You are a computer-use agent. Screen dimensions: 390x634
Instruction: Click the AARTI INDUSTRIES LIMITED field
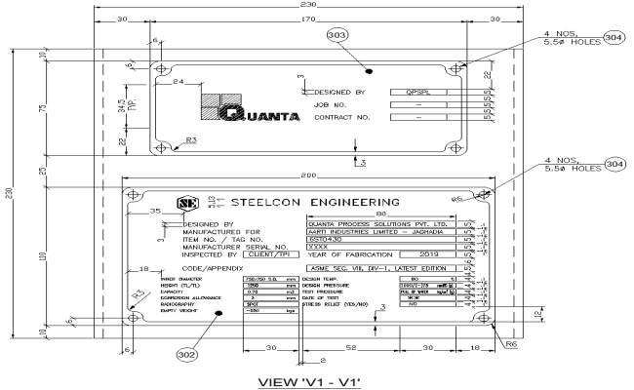pos(396,231)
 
